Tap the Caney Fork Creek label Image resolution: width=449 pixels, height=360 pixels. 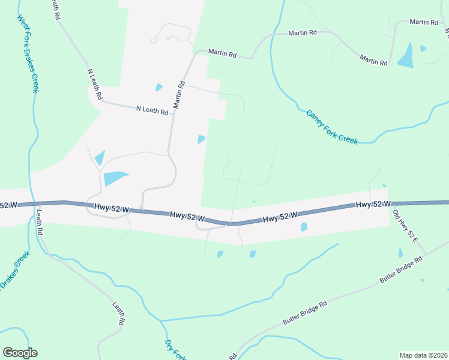pyautogui.click(x=332, y=127)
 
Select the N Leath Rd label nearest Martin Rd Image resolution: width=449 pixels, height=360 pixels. pyautogui.click(x=152, y=110)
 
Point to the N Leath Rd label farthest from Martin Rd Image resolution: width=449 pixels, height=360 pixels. pyautogui.click(x=95, y=84)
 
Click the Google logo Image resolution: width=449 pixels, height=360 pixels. pyautogui.click(x=20, y=353)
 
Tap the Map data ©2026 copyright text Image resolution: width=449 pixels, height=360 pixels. pyautogui.click(x=423, y=355)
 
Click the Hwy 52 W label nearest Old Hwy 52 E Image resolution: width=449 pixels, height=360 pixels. pyautogui.click(x=373, y=205)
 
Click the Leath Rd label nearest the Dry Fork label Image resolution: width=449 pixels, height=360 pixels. pyautogui.click(x=118, y=313)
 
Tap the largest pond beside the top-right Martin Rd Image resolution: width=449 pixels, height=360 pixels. pyautogui.click(x=406, y=55)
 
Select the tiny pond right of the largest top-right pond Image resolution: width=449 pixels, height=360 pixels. pyautogui.click(x=424, y=49)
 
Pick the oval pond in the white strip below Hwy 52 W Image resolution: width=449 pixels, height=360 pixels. pyautogui.click(x=304, y=227)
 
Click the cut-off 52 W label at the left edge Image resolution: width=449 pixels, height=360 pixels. pyautogui.click(x=8, y=205)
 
